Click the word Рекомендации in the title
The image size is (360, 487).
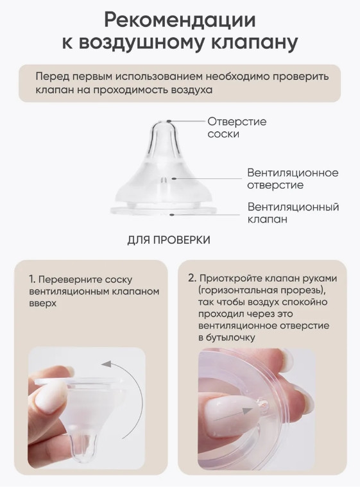pyautogui.click(x=180, y=20)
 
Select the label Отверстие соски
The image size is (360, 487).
pyautogui.click(x=237, y=128)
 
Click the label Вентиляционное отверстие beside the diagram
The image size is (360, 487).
pyautogui.click(x=293, y=178)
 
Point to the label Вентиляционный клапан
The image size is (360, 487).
pyautogui.click(x=293, y=213)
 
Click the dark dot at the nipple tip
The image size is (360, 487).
pyautogui.click(x=169, y=121)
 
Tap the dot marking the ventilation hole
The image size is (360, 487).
pyautogui.click(x=174, y=178)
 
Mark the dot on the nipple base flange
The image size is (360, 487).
pyautogui.click(x=171, y=214)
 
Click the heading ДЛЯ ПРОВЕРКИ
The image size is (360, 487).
pyautogui.click(x=169, y=240)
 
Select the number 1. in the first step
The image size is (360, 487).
pyautogui.click(x=32, y=279)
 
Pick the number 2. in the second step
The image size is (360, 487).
pyautogui.click(x=193, y=278)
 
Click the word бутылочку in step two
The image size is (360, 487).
pyautogui.click(x=230, y=337)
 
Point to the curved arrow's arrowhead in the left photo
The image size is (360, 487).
pyautogui.click(x=107, y=364)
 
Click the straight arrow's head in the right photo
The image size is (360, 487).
pyautogui.click(x=247, y=411)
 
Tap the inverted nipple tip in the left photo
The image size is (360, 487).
pyautogui.click(x=82, y=447)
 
